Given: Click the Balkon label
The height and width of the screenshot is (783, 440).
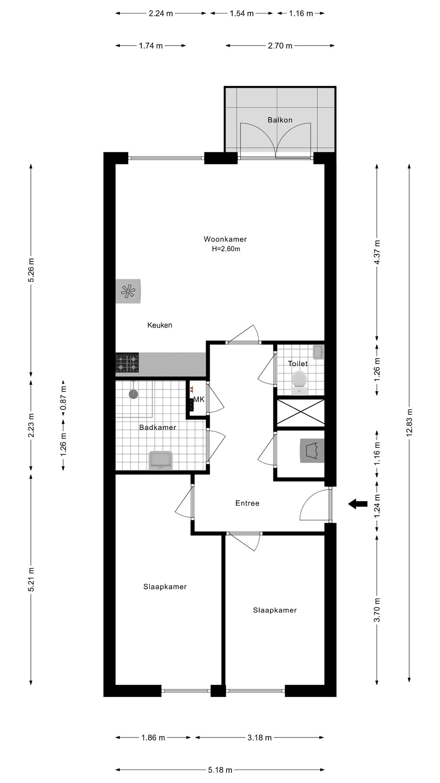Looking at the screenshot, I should (x=280, y=120).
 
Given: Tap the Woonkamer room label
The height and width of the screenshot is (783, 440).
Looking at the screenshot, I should (x=225, y=239).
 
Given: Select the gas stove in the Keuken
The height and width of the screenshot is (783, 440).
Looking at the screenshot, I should (x=127, y=363).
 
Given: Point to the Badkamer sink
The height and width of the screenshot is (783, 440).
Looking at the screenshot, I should (x=161, y=460).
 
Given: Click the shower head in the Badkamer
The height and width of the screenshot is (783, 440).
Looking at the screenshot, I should (x=133, y=394).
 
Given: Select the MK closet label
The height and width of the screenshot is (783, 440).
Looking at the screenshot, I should (x=199, y=400).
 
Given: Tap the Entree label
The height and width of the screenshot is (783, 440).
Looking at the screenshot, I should (x=247, y=503).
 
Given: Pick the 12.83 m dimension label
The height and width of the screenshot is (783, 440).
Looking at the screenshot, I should (x=409, y=422).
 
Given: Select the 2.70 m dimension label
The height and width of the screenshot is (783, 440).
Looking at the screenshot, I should (x=280, y=46).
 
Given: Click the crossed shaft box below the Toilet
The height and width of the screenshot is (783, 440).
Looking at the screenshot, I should (x=301, y=413).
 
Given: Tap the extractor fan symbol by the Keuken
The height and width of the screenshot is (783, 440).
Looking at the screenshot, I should (x=128, y=291).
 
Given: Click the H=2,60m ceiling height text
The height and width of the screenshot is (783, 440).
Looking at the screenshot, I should (x=226, y=249).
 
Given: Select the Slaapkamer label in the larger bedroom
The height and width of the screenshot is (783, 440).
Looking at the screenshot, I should (x=165, y=587).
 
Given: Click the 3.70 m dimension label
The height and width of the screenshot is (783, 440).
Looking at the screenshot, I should (x=377, y=610).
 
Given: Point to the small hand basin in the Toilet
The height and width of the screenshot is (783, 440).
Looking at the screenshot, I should (x=318, y=352).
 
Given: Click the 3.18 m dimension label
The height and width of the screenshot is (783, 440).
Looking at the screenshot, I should (x=260, y=737).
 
